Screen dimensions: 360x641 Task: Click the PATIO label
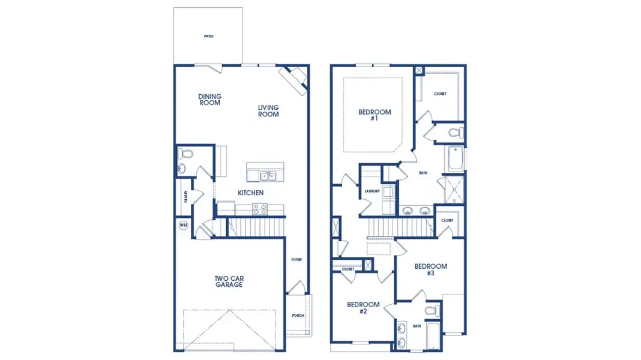point(208,36)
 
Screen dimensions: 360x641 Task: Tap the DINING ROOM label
point(210,100)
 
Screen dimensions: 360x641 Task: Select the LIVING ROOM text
point(268,111)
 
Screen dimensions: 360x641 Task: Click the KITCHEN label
point(251,193)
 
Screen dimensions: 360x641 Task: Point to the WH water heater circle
point(183,226)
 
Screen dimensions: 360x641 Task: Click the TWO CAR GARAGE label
point(229,281)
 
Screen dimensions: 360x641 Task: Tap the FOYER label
point(296,260)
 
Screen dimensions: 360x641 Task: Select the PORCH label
point(298,316)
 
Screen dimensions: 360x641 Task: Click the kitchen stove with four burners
point(260,209)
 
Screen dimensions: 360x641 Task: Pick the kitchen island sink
point(267,176)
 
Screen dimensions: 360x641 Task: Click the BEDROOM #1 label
point(375,115)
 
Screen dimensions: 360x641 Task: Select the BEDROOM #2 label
point(363,308)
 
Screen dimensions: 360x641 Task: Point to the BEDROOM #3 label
point(430,269)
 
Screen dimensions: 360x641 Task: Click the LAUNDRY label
point(372,191)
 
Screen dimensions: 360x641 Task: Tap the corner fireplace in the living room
point(295,78)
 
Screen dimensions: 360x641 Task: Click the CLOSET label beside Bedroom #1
point(440,94)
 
